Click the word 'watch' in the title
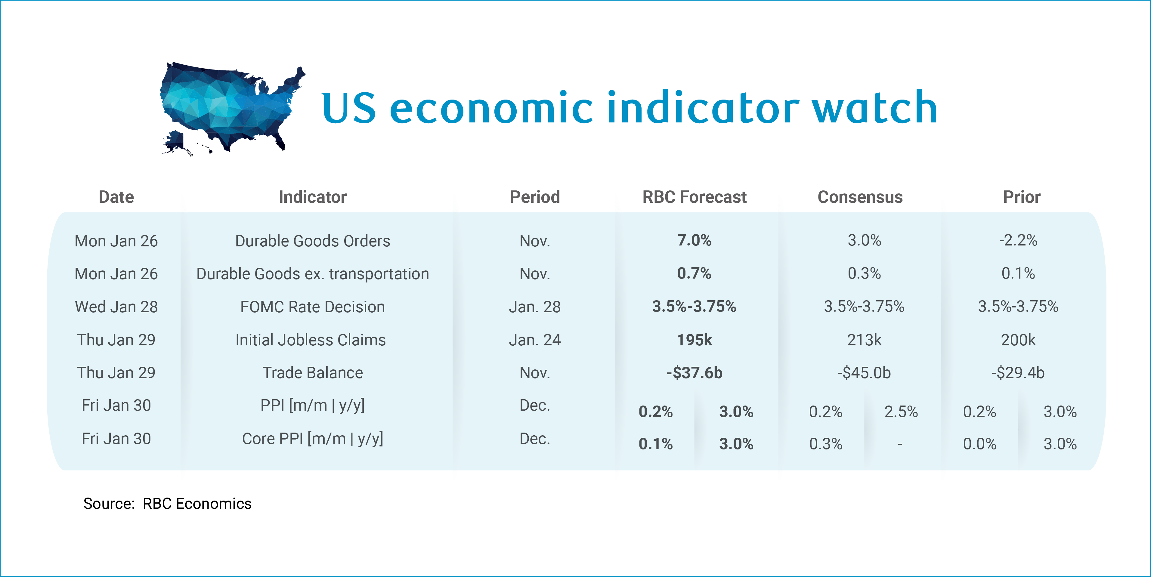tap(874, 108)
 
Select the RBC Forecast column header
tap(694, 197)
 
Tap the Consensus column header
tap(860, 197)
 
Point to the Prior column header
tap(1021, 197)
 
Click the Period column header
tap(535, 197)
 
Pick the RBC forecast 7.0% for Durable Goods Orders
tap(694, 240)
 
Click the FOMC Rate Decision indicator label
tap(312, 307)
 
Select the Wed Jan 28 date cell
tap(116, 307)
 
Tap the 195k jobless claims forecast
tap(694, 340)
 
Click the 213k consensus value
tap(864, 340)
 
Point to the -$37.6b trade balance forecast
tap(694, 372)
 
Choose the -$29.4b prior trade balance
tap(1018, 372)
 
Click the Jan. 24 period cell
tap(535, 340)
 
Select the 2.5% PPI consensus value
tap(901, 411)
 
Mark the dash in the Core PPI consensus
tap(900, 444)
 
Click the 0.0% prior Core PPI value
tap(979, 444)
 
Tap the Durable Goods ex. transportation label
tap(312, 274)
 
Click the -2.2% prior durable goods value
tap(1018, 240)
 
